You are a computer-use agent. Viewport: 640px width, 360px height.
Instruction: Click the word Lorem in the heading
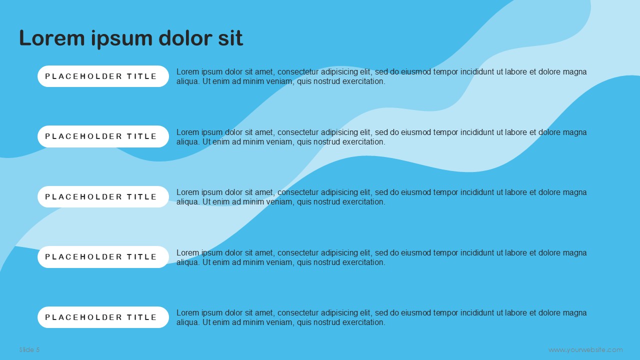52,38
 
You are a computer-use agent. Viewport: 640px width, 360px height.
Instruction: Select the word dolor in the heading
185,38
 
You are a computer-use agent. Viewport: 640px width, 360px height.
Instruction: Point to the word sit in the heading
230,38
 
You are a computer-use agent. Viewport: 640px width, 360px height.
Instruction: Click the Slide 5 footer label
29,349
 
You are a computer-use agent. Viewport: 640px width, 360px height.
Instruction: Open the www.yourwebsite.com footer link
585,350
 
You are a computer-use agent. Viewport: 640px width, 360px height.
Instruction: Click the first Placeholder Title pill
103,76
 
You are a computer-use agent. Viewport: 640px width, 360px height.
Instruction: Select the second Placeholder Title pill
103,136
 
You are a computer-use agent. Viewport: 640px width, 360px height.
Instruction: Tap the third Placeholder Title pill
103,197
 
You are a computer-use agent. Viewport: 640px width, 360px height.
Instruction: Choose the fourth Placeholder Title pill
103,257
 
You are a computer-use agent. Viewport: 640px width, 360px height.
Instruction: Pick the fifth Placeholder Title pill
103,317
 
